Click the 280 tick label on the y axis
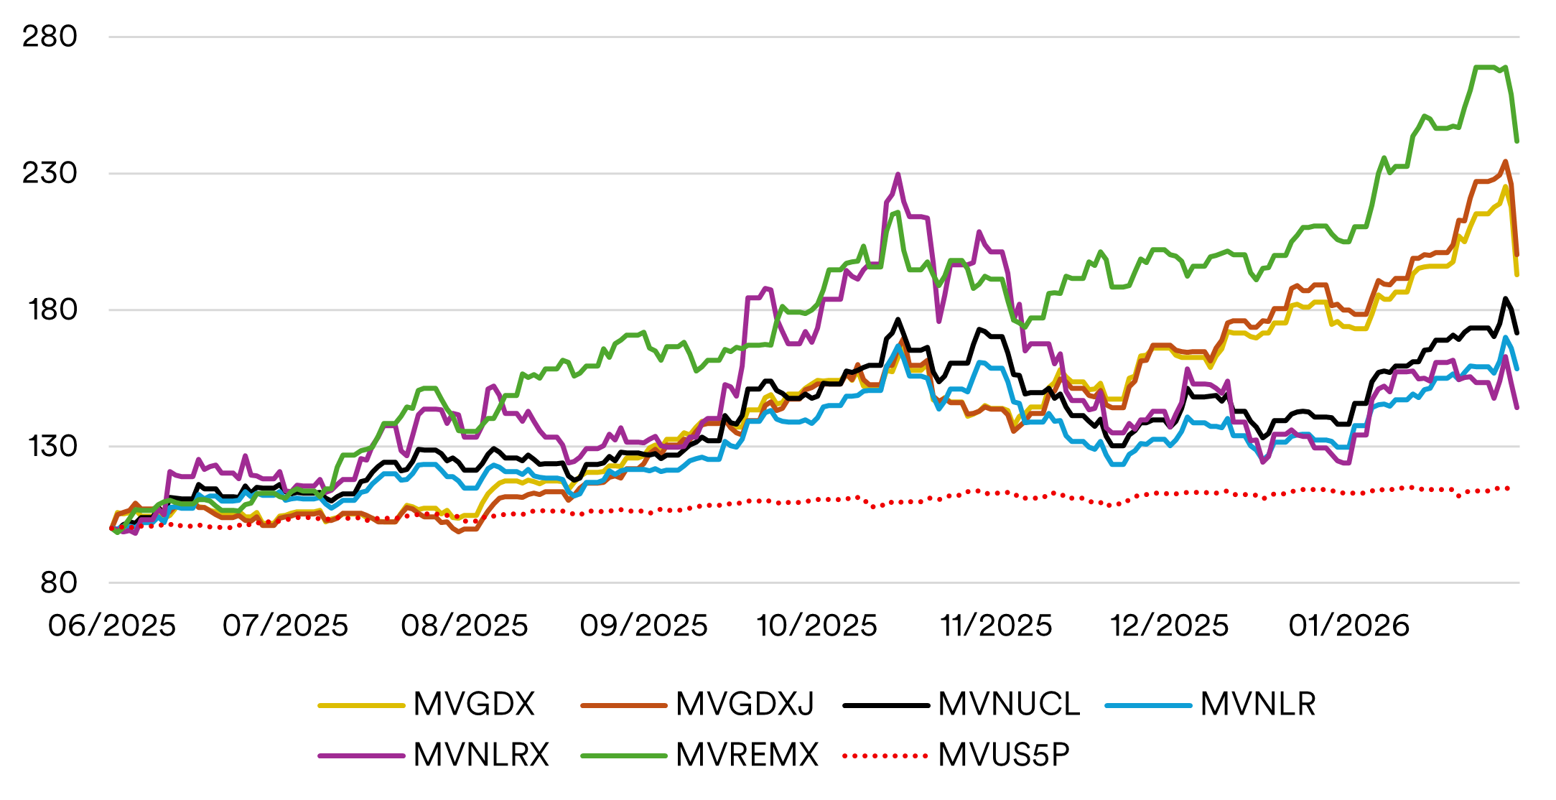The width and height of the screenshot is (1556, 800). click(x=50, y=37)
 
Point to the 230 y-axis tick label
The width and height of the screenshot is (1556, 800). click(x=50, y=173)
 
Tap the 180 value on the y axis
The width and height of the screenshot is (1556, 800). click(x=50, y=310)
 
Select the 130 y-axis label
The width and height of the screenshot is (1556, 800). click(x=50, y=446)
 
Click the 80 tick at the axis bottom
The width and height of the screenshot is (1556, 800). click(x=59, y=582)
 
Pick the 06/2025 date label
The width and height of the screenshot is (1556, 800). click(x=112, y=626)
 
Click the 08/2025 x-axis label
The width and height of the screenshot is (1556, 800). click(x=465, y=626)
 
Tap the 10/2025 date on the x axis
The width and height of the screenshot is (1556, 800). click(x=817, y=626)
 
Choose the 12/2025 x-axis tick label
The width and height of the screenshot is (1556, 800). click(x=1170, y=626)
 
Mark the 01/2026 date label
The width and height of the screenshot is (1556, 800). click(x=1349, y=626)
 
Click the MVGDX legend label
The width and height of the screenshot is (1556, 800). click(x=474, y=704)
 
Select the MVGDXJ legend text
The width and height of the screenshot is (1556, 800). click(x=745, y=704)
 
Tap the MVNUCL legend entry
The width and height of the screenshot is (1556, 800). click(x=1009, y=704)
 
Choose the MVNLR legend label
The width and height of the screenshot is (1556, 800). click(x=1258, y=704)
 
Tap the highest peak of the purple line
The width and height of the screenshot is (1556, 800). click(x=898, y=175)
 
